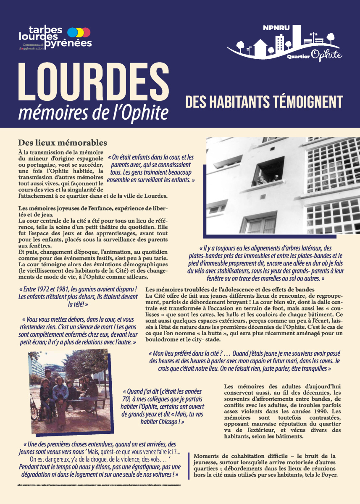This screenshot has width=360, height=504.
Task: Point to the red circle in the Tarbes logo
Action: click(86, 32)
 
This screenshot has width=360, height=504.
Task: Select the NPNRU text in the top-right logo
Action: click(273, 28)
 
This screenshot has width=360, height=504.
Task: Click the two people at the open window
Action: click(266, 179)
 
